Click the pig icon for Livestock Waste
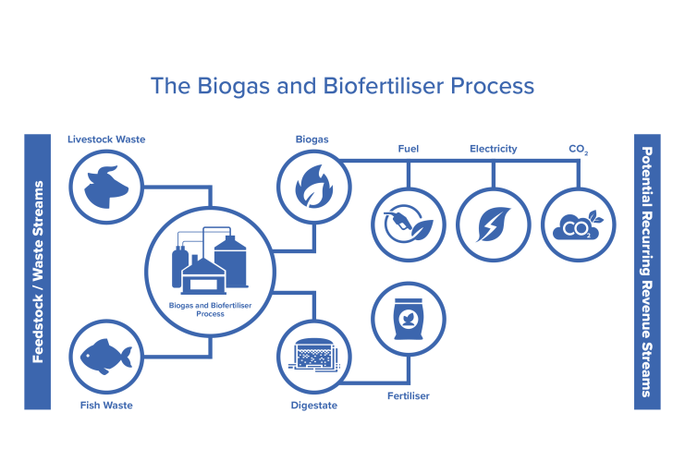pyautogui.click(x=107, y=185)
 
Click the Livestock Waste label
pyautogui.click(x=106, y=140)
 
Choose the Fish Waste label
pyautogui.click(x=106, y=405)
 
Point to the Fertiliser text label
pyautogui.click(x=408, y=396)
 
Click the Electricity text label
pyautogui.click(x=493, y=149)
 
